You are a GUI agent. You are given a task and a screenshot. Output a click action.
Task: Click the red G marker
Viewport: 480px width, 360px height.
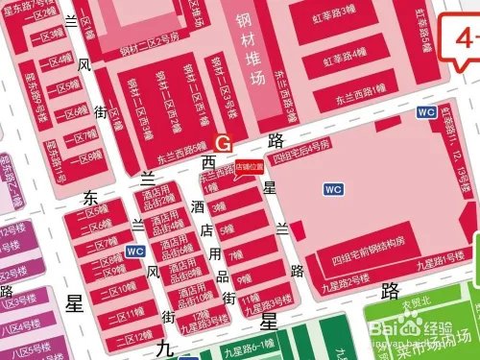[224, 142]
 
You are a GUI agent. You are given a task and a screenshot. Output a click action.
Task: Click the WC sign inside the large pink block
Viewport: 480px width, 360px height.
[333, 189]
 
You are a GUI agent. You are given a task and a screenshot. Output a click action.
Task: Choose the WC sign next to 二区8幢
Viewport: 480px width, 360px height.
[135, 252]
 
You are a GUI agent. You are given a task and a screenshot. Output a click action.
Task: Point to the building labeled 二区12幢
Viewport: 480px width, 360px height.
[126, 337]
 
